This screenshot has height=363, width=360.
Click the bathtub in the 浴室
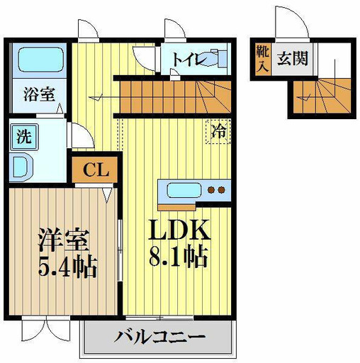(x=40, y=60)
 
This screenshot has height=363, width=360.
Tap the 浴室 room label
(x=39, y=94)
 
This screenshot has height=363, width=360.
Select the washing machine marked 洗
(x=24, y=137)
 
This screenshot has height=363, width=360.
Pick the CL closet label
(x=96, y=169)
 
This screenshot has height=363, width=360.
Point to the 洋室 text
(x=64, y=240)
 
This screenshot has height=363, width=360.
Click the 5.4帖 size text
(x=68, y=267)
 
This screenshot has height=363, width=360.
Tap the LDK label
(x=179, y=230)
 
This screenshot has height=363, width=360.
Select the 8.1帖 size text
(x=179, y=256)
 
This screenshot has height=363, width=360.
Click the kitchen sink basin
(x=184, y=190)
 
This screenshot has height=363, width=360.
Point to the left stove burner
(x=210, y=190)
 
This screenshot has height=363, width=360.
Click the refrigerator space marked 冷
(x=218, y=132)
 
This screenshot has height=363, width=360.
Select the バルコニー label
(x=159, y=336)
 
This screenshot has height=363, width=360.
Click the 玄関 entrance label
(x=293, y=58)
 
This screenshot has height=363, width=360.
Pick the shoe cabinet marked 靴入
(x=263, y=59)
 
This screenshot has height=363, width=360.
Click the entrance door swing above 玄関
(x=292, y=22)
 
